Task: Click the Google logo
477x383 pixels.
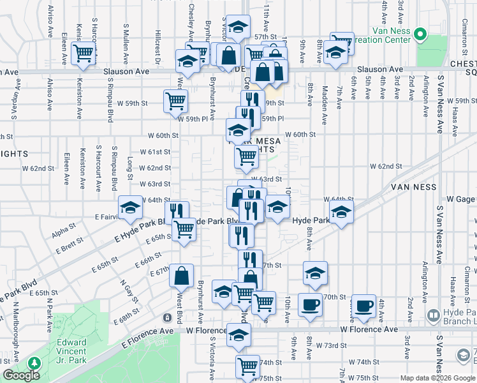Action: click(21, 375)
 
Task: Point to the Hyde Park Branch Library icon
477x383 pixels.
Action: click(434, 315)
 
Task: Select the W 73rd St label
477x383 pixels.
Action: click(330, 345)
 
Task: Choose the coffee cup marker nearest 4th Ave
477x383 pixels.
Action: click(364, 306)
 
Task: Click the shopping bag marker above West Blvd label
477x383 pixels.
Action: click(182, 276)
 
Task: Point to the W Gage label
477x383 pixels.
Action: click(463, 200)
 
